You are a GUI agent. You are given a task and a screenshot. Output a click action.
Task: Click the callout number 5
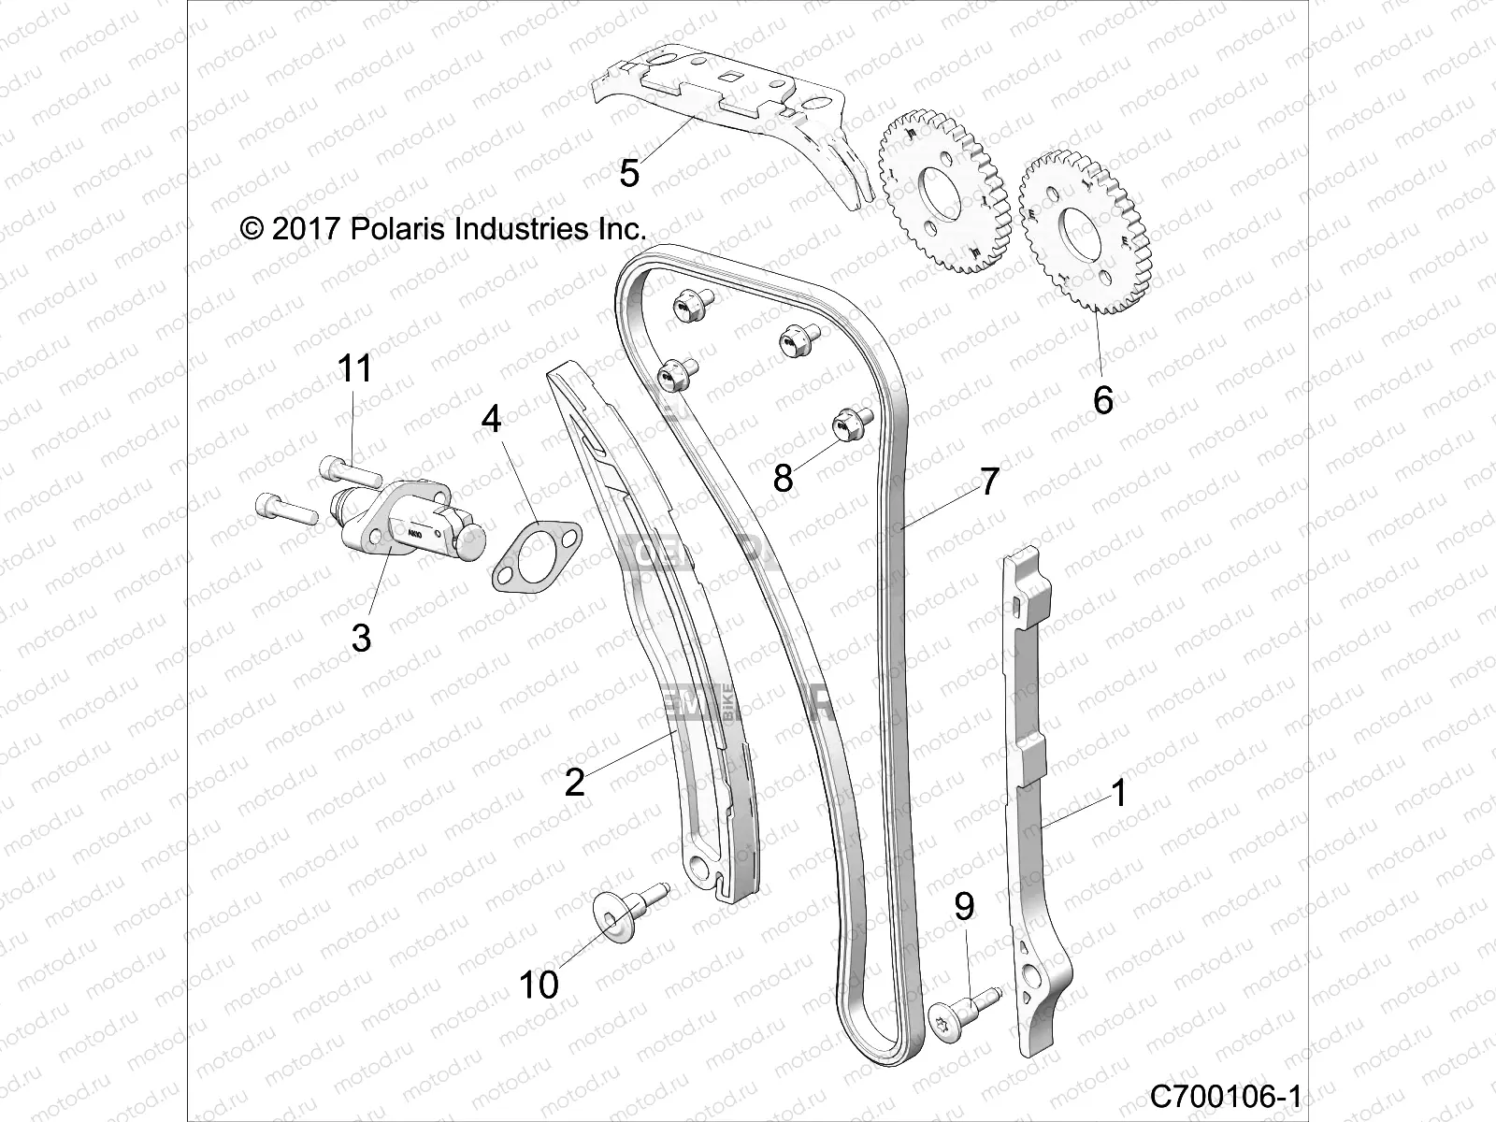[x=629, y=173]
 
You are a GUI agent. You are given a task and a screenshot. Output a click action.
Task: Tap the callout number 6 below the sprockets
[x=1103, y=400]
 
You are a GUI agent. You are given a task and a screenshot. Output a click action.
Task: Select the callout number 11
[x=354, y=368]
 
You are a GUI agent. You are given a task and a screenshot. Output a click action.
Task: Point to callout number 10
[x=539, y=984]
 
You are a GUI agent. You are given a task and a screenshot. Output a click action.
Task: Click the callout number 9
[x=964, y=906]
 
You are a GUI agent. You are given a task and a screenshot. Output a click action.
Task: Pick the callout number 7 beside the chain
[x=989, y=482]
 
